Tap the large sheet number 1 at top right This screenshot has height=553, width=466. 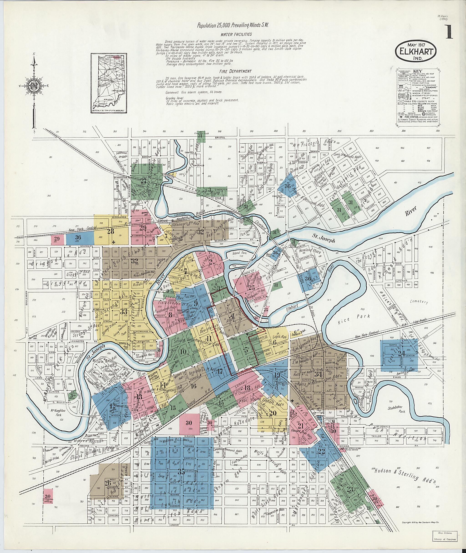click(x=449, y=32)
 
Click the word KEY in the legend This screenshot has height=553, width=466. click(x=418, y=71)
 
